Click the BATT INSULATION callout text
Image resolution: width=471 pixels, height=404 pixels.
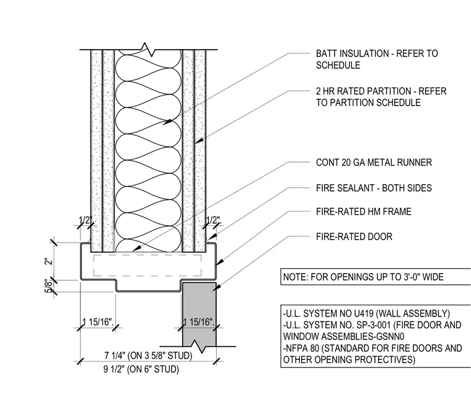(377, 59)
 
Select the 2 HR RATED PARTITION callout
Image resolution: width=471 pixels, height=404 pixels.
(381, 97)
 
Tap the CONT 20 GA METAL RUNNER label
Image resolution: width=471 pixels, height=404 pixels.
(374, 163)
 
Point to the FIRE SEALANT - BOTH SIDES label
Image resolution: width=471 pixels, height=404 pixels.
(374, 188)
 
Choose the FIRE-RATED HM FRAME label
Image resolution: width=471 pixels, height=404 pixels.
(363, 212)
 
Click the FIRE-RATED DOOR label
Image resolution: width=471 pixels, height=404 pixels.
(354, 236)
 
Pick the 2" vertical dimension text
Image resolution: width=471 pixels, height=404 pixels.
(48, 261)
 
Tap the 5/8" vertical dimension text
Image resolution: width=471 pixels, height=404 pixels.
(49, 286)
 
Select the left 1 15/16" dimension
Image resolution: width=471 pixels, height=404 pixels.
(98, 322)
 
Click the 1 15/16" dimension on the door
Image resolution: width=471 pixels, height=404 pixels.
(198, 322)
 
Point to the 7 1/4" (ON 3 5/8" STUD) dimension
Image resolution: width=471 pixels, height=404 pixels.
(148, 356)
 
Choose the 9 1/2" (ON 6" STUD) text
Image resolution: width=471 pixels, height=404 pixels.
(141, 369)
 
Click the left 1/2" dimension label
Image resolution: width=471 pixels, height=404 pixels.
(86, 220)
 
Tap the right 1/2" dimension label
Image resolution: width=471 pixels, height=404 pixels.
(214, 220)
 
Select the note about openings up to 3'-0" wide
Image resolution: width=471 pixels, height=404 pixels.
(363, 276)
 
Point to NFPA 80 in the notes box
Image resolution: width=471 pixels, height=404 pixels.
(302, 348)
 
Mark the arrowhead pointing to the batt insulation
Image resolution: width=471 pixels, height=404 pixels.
(167, 122)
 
